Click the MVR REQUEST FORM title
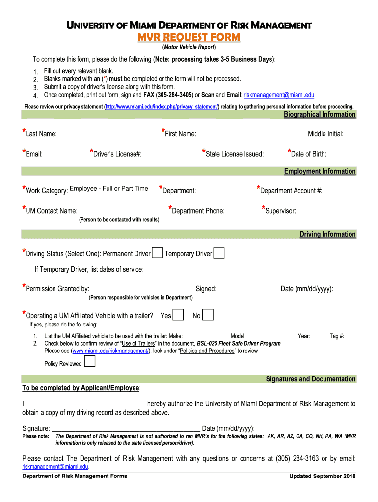(x=189, y=38)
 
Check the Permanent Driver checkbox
(x=158, y=253)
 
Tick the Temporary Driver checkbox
(x=219, y=253)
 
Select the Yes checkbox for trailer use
(x=179, y=315)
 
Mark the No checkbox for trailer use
(x=208, y=315)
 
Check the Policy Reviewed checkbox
(x=90, y=362)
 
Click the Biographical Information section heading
(x=320, y=114)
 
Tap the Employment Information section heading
(x=320, y=171)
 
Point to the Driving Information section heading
(x=327, y=234)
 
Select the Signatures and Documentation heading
(x=310, y=379)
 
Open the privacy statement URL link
(x=162, y=106)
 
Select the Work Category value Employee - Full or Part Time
(x=109, y=189)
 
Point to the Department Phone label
(x=198, y=211)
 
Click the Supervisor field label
(x=280, y=211)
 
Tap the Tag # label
(x=337, y=336)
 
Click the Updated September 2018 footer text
(x=322, y=476)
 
